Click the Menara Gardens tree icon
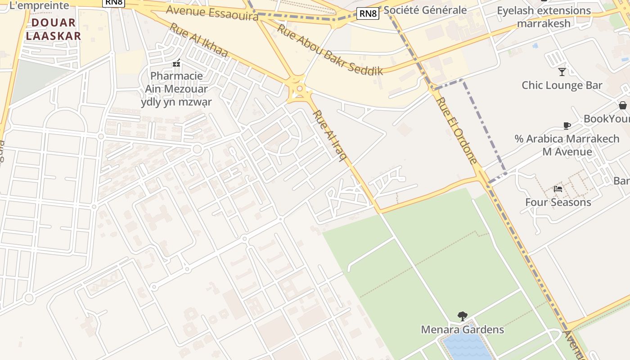462,316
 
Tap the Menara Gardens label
462,329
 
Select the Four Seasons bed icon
558,189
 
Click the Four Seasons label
558,202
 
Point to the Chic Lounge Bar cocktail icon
562,72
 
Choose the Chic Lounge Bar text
562,85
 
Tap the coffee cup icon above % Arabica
567,126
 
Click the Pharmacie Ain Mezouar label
176,89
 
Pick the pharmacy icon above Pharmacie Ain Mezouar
176,63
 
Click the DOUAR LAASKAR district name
53,29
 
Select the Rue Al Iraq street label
330,135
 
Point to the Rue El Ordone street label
456,130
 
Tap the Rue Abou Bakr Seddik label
330,49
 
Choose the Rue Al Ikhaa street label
198,40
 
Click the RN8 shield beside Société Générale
369,13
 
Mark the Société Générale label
425,10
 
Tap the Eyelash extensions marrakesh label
544,17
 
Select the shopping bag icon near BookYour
623,105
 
